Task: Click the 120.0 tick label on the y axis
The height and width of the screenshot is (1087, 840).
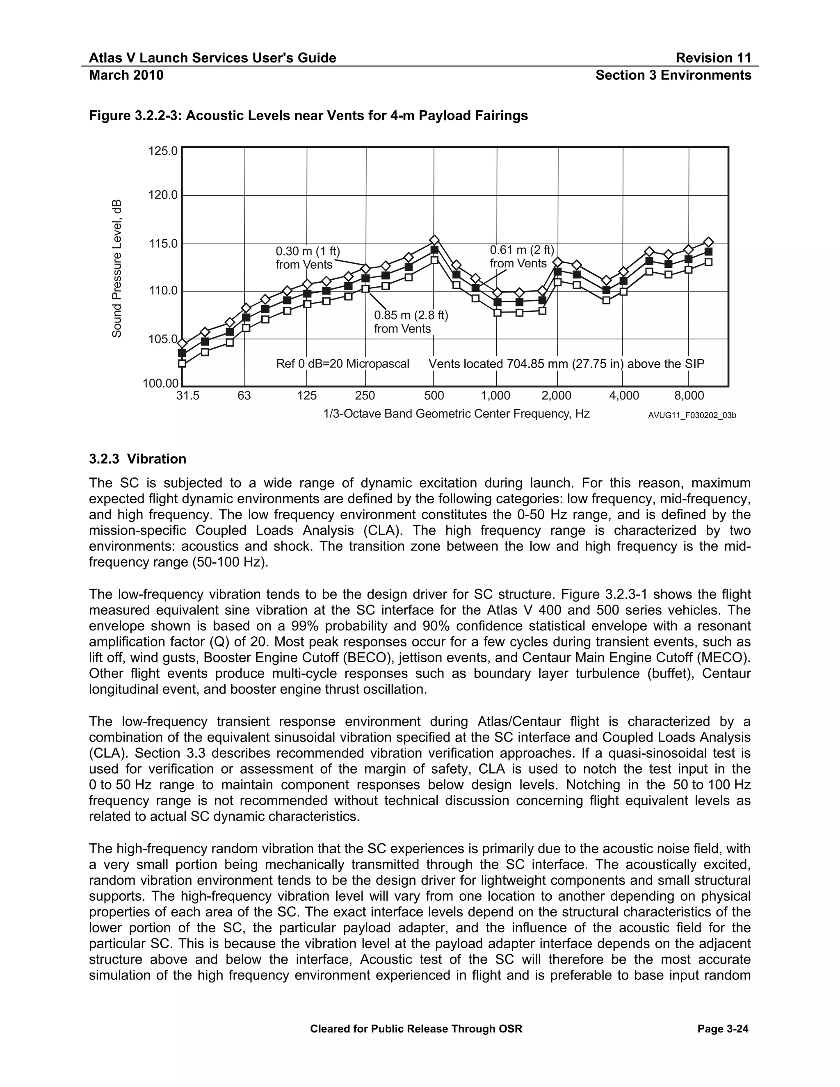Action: [163, 195]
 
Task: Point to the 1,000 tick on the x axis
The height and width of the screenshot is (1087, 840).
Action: [495, 396]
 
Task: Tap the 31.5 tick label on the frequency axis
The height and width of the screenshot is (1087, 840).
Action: [188, 396]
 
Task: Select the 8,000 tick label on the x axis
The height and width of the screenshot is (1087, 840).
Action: [689, 396]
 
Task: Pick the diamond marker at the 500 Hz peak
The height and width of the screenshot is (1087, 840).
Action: [434, 240]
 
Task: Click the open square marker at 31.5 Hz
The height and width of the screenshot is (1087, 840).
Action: [182, 363]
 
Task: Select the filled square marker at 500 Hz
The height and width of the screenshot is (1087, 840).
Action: [434, 249]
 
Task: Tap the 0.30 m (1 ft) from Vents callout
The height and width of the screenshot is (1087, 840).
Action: [308, 258]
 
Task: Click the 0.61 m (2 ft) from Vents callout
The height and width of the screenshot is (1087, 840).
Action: [522, 257]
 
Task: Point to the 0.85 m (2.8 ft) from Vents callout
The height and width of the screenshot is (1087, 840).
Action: [411, 322]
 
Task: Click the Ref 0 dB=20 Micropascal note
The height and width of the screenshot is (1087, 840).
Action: [342, 364]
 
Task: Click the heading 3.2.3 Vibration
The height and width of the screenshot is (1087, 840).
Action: [138, 459]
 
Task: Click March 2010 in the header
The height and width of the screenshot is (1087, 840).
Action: [126, 75]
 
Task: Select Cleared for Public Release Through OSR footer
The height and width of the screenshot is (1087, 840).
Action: [416, 1029]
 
